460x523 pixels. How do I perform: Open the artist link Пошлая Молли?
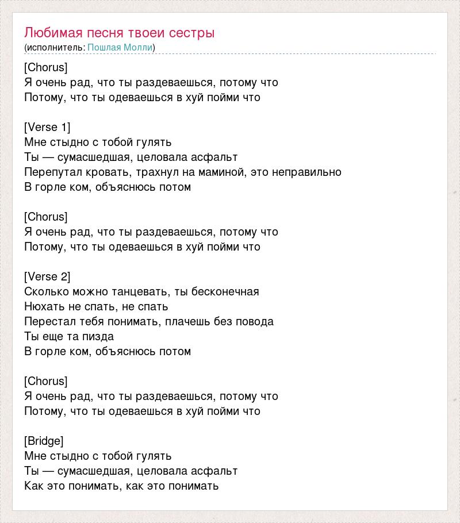[x=120, y=47]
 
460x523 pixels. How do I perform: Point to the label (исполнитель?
[x=55, y=47]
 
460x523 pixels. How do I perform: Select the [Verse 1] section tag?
[x=47, y=127]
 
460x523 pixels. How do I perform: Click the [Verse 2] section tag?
[x=47, y=276]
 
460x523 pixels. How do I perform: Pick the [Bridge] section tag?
[x=44, y=441]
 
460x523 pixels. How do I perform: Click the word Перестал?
[x=48, y=321]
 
